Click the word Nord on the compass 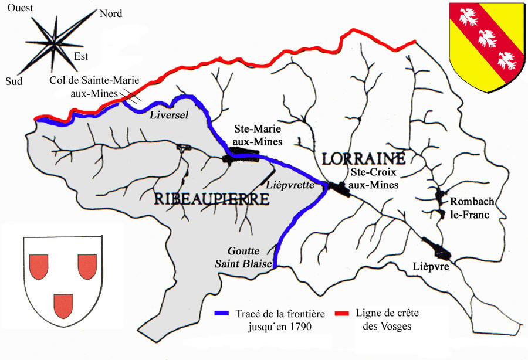111,13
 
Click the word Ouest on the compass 20,8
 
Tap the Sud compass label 14,81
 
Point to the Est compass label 81,57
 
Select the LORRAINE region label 363,158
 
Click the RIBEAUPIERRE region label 212,199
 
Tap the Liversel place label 169,116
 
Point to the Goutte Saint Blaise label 243,257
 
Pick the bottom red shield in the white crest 63,305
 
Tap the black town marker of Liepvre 437,249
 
